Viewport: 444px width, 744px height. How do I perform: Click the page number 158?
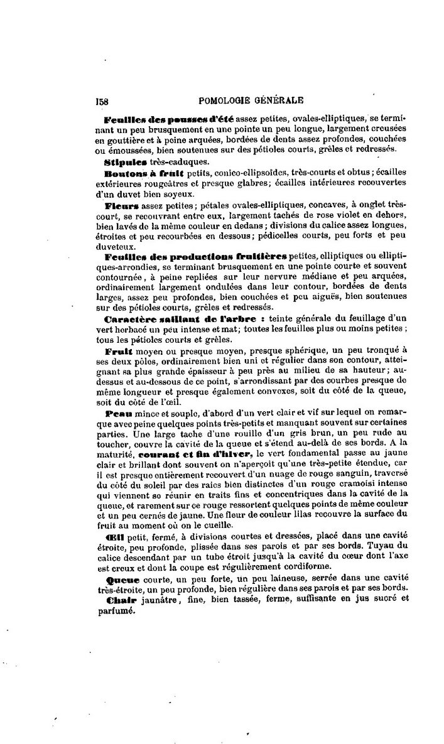(102, 99)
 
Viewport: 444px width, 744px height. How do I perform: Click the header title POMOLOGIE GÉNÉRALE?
(251, 99)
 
